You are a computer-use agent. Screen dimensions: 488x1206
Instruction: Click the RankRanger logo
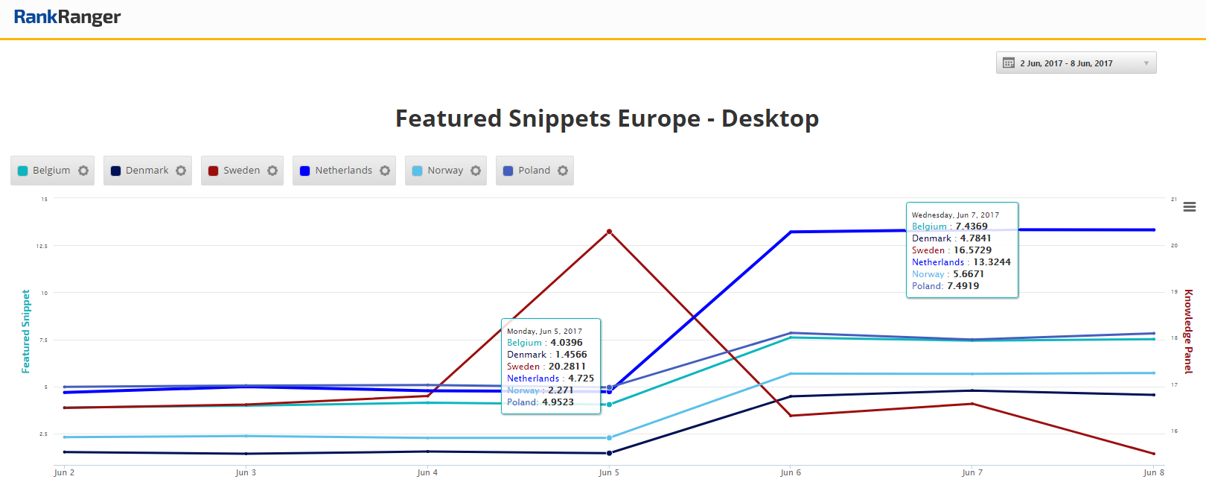67,17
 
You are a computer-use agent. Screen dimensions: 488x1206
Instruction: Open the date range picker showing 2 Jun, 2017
1076,63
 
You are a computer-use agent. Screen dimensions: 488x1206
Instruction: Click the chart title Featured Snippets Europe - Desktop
607,118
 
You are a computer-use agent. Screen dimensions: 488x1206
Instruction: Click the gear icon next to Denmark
181,171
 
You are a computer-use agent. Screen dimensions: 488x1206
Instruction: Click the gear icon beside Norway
476,171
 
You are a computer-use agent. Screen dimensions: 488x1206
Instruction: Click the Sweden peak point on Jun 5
609,232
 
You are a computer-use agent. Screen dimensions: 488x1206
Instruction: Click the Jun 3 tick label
246,472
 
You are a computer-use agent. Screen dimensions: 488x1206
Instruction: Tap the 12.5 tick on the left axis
42,246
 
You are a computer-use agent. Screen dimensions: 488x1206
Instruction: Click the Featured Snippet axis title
26,332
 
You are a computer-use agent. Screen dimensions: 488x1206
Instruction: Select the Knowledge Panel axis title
1189,332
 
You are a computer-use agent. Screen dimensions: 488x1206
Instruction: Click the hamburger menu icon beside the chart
1190,206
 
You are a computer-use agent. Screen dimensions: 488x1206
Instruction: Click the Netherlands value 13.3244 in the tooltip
992,262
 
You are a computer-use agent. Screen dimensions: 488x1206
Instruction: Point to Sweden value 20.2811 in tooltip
567,367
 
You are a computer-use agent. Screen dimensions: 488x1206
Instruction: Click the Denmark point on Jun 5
609,453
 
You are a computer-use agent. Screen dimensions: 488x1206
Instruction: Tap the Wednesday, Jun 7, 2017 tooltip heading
955,215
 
